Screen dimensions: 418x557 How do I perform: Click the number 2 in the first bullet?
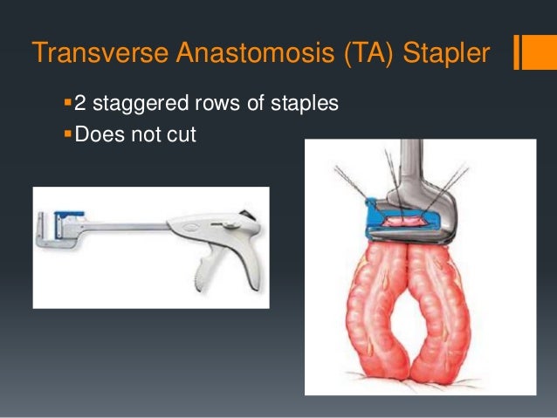click(80, 105)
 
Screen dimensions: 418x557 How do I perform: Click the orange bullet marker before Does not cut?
click(68, 135)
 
